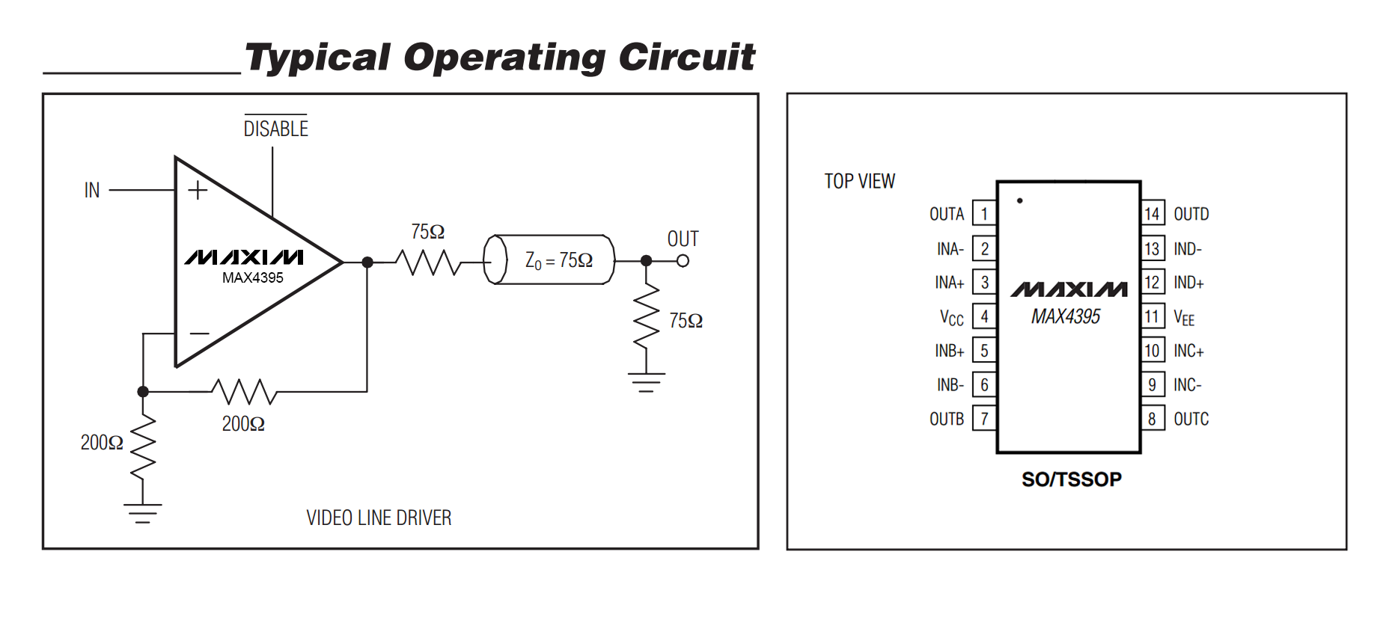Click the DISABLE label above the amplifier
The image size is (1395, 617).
click(275, 129)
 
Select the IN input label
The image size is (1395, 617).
click(92, 191)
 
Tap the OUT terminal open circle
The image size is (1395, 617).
click(683, 261)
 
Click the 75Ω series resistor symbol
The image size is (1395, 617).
click(428, 263)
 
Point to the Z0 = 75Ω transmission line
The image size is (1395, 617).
click(549, 260)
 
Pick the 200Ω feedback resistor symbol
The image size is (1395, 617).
click(244, 391)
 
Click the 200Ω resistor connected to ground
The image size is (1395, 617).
click(143, 446)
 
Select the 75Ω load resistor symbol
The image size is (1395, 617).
click(647, 316)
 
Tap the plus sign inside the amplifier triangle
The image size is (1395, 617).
click(198, 191)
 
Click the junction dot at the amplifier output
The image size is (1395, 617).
click(367, 263)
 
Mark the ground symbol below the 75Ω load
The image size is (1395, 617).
click(647, 382)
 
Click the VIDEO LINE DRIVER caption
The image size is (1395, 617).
click(379, 518)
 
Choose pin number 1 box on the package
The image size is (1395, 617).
click(984, 214)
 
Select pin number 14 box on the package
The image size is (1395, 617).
click(1153, 214)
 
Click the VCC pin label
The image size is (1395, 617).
click(952, 318)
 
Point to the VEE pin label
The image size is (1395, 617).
click(1184, 318)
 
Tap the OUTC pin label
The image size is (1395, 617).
click(1191, 419)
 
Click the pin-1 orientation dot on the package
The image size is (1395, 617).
click(1020, 200)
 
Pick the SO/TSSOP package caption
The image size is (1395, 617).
click(1072, 479)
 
